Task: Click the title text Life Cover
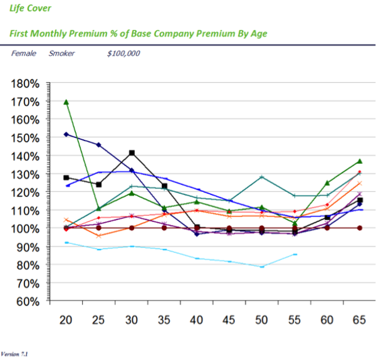click(31, 9)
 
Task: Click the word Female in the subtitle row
click(23, 54)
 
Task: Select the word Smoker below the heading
click(61, 54)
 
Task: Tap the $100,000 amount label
click(123, 54)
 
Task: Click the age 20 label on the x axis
click(65, 320)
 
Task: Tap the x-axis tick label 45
click(228, 320)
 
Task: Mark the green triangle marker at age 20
click(66, 102)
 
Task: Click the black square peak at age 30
click(132, 153)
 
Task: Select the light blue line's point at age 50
click(262, 267)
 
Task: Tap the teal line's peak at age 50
click(262, 177)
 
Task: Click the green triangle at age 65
click(359, 161)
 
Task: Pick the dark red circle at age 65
click(359, 228)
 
